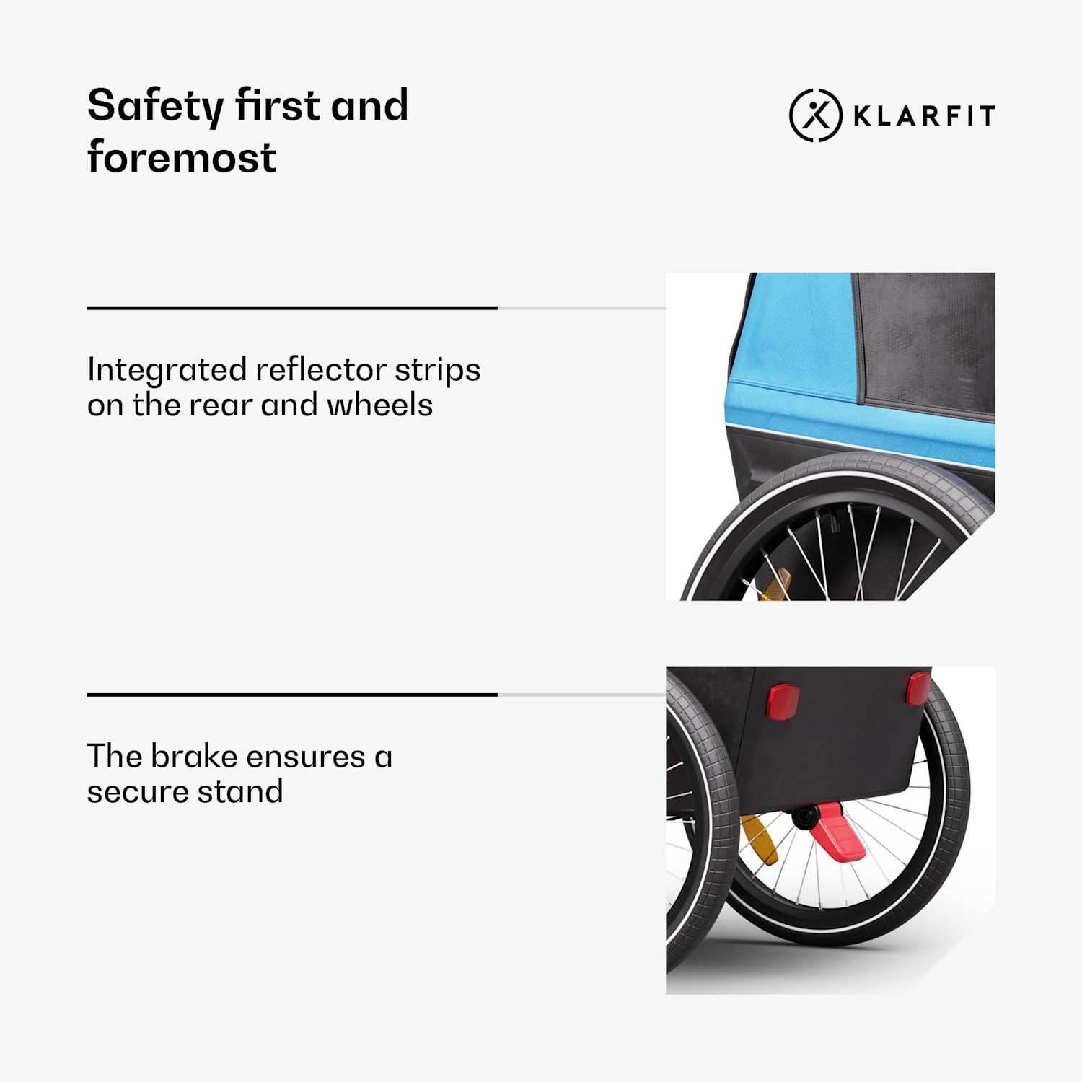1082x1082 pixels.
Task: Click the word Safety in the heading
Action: coord(155,107)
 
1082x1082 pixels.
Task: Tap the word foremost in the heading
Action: coord(182,157)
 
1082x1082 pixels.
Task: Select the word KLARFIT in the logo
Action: coord(924,115)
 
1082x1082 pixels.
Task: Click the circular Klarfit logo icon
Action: coord(816,115)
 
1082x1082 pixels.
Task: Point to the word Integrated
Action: coord(167,371)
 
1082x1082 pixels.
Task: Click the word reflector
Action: coord(321,369)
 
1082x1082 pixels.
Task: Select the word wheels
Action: coord(379,405)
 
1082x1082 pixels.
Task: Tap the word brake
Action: coord(194,756)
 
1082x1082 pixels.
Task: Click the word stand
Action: coord(240,791)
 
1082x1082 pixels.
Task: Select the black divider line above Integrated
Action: coord(292,308)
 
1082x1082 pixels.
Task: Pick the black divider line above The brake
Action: coord(292,695)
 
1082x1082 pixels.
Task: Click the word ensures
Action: coord(306,757)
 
